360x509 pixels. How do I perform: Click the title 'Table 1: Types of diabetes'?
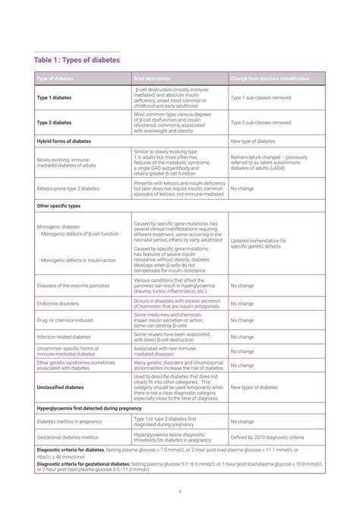click(x=77, y=60)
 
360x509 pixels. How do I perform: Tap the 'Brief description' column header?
click(x=152, y=79)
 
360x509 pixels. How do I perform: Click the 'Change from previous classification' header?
click(x=269, y=79)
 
